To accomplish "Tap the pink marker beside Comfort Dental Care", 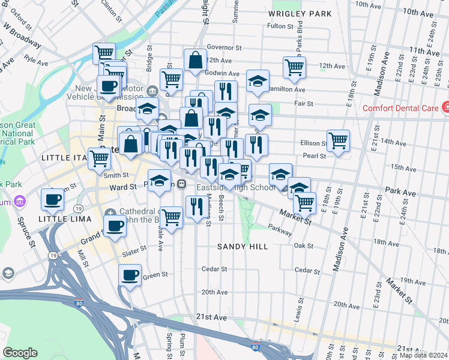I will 445,107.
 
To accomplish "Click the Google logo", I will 20,353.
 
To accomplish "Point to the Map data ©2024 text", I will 424,355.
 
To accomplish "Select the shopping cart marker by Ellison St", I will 339,141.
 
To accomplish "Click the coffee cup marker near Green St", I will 130,275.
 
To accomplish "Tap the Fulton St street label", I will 280,26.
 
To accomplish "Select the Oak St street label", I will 304,245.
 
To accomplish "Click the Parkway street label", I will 280,228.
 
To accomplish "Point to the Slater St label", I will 134,248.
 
